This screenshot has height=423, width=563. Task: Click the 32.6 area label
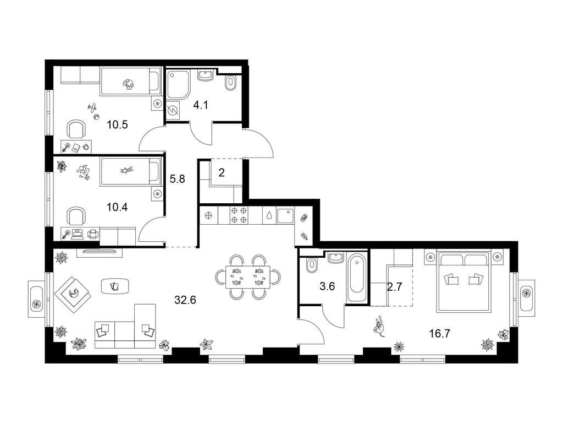click(x=185, y=300)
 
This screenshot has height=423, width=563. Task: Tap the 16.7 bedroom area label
click(x=440, y=334)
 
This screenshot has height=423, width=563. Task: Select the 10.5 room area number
click(x=118, y=125)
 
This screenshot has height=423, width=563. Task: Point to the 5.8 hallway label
click(x=178, y=178)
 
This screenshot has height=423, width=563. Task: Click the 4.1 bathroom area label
click(x=201, y=105)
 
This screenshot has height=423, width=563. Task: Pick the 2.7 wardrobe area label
click(x=394, y=286)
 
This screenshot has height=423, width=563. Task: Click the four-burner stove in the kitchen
click(x=239, y=215)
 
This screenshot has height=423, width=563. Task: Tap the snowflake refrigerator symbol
click(x=208, y=215)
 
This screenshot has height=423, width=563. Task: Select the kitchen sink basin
click(x=285, y=215)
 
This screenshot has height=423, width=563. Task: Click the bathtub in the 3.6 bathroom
click(x=357, y=278)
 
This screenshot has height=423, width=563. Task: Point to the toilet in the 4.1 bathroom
click(x=230, y=83)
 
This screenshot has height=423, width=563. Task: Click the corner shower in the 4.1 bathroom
click(x=178, y=84)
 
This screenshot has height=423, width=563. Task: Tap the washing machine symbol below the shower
click(x=173, y=110)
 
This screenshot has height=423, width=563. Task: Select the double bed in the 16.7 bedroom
click(x=463, y=281)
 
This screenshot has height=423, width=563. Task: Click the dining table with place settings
click(x=248, y=277)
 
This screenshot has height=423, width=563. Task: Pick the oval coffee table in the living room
click(x=115, y=286)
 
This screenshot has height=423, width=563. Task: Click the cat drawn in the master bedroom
click(x=379, y=326)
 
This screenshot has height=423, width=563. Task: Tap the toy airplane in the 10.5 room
click(x=92, y=107)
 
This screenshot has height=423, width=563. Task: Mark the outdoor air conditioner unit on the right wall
click(x=527, y=293)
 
